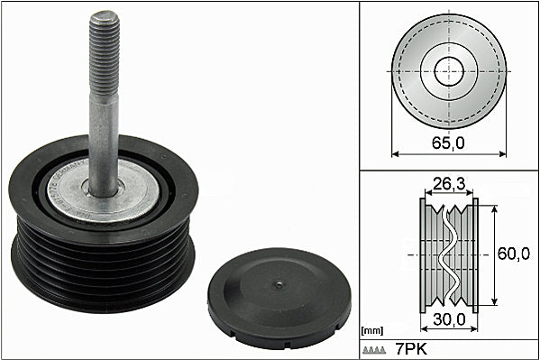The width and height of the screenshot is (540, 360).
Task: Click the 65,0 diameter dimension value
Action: (x=448, y=143)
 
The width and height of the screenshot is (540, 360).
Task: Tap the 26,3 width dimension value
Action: (x=449, y=184)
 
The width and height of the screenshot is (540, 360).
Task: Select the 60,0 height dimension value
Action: (x=514, y=254)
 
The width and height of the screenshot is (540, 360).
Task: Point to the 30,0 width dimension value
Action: (x=450, y=319)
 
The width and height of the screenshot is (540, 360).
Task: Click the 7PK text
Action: (x=411, y=349)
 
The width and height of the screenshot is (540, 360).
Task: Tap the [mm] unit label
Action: (x=372, y=331)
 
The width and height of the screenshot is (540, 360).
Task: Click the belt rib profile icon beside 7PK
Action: (x=374, y=350)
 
